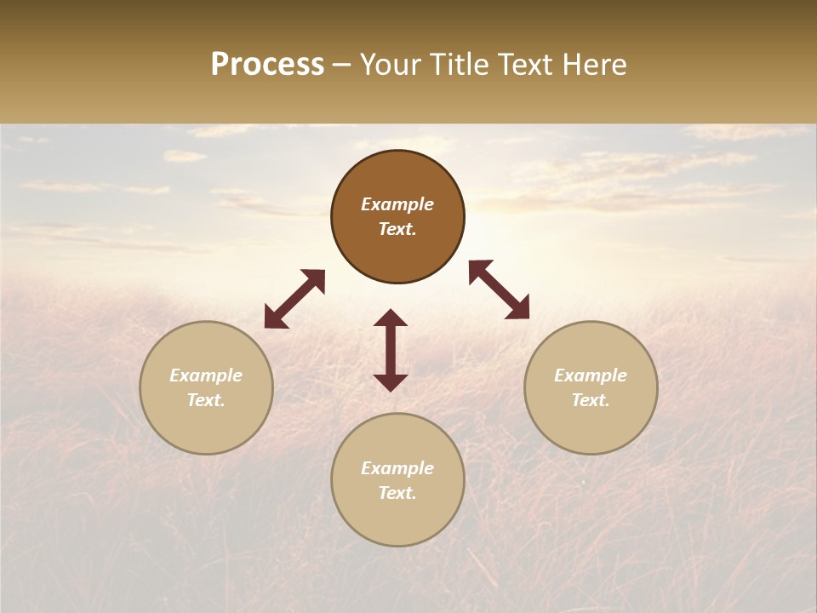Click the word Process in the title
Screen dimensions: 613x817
[267, 65]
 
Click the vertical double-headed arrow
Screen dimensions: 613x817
[391, 350]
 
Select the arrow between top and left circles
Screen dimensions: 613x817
[294, 299]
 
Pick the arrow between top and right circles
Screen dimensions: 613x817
[499, 289]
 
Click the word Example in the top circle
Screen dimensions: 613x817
[397, 204]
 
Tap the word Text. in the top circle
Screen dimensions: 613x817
[397, 229]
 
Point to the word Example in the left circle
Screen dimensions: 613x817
[206, 375]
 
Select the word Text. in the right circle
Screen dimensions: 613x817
[591, 400]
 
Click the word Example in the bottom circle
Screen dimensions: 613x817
[397, 468]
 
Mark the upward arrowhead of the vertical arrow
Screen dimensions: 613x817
[391, 318]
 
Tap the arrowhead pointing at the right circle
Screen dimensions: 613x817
[518, 309]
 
